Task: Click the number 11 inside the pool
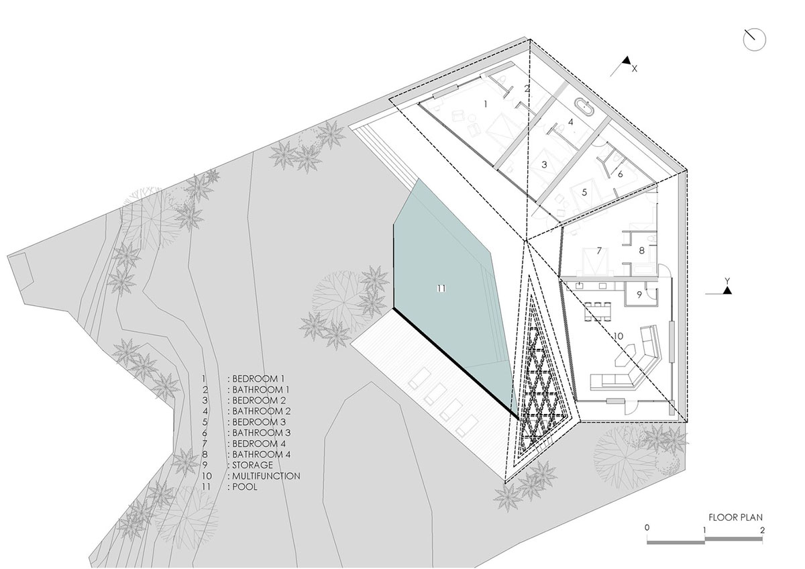click(440, 289)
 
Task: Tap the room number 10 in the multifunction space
click(619, 335)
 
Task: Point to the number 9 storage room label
click(639, 293)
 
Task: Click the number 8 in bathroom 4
click(641, 251)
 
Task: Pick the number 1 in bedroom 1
click(486, 104)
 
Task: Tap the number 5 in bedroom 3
click(584, 192)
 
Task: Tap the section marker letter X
click(635, 68)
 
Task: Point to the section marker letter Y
click(727, 280)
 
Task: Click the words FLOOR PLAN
click(735, 517)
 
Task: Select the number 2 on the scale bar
click(762, 529)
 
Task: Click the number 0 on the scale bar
click(647, 529)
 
